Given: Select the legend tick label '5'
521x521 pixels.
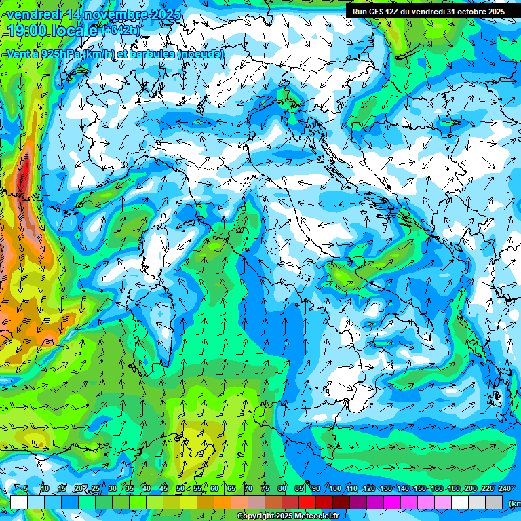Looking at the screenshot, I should coord(26,488).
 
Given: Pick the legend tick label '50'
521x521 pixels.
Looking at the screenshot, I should coord(180,488).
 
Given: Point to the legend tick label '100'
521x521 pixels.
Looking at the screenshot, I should coord(334,488).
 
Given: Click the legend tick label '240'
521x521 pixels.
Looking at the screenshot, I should coord(505,488).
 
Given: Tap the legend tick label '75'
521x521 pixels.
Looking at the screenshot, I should coord(265,488).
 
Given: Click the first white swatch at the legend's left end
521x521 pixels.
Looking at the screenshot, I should coord(19,502).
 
